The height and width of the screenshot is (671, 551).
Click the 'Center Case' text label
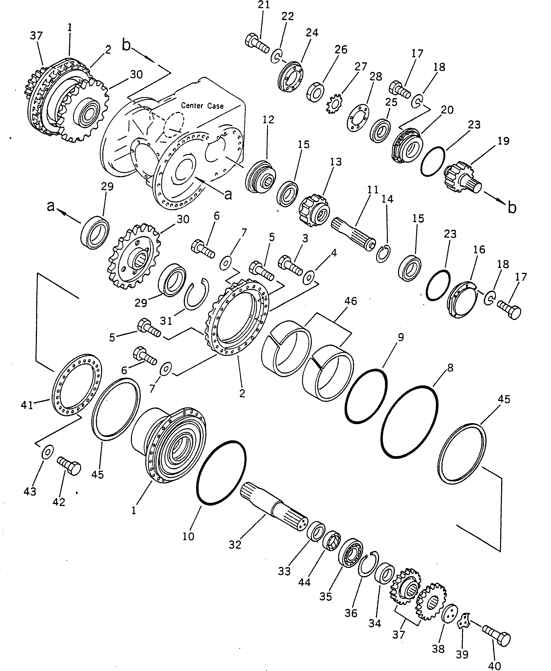coord(202,105)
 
